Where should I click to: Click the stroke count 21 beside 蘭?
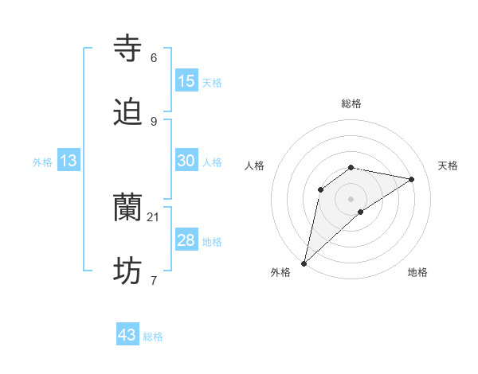pos(155,216)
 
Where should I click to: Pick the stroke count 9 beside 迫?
pos(154,121)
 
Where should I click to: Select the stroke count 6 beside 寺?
pos(154,57)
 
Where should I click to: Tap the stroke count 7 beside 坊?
pos(154,280)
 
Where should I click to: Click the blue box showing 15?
pos(186,81)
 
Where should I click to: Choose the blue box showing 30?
pos(186,161)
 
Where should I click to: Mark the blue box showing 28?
pos(186,240)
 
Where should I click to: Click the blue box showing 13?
pos(69,161)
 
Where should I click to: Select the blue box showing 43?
pos(127,335)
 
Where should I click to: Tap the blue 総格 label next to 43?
pos(153,337)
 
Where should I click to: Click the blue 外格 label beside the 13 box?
pos(42,162)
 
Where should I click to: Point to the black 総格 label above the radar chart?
pos(351,103)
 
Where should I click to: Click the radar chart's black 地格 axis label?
pos(417,272)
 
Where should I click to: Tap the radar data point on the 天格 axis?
pos(412,179)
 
